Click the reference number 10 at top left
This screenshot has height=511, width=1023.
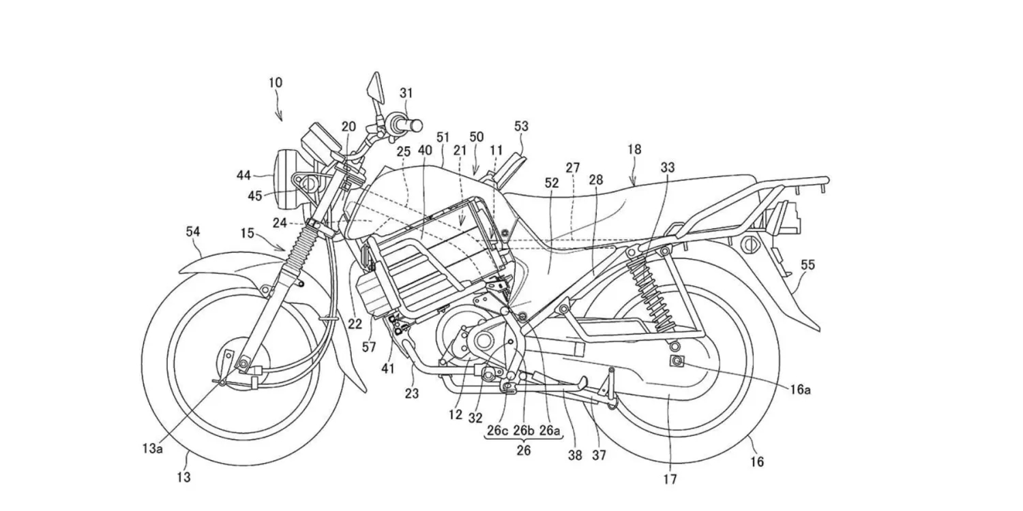(275, 83)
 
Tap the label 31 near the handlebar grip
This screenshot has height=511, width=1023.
(406, 93)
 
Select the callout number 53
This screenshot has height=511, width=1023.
(521, 126)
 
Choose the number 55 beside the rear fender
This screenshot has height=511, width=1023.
(807, 265)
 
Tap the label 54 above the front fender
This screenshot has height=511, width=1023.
(193, 232)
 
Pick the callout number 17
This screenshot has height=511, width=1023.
(670, 479)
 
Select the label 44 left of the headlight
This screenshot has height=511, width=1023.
(244, 175)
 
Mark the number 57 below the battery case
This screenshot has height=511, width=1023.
(369, 347)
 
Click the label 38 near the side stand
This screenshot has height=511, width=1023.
(575, 455)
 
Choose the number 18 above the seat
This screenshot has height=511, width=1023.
(635, 149)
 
